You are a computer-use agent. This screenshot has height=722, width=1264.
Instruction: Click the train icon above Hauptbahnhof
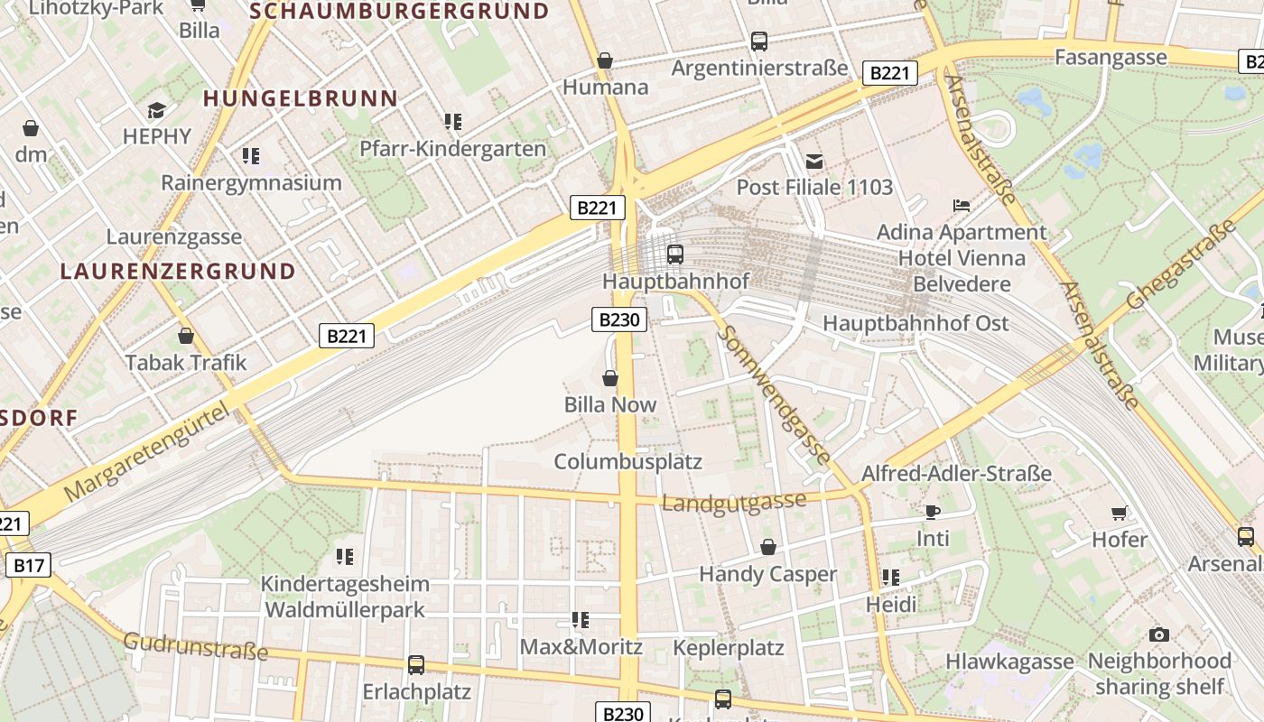[674, 255]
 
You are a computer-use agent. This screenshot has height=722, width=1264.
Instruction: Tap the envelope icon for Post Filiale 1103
[814, 162]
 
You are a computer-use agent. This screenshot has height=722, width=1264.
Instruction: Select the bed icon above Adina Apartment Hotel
[962, 206]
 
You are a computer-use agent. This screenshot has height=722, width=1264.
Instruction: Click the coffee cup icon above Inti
[933, 512]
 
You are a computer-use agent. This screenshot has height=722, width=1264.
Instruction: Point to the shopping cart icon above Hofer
[1120, 513]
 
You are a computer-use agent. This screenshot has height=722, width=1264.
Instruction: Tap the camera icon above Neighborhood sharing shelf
[1159, 634]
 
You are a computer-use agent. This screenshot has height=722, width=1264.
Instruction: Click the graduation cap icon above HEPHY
[157, 110]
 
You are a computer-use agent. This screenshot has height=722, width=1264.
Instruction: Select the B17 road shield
[29, 566]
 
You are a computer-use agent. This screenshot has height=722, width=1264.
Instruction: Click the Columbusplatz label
[627, 461]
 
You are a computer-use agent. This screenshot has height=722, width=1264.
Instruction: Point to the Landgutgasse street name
[733, 502]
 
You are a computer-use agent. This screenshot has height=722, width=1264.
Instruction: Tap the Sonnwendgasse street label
[774, 396]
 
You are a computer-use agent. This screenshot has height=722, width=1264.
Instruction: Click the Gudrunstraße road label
[196, 645]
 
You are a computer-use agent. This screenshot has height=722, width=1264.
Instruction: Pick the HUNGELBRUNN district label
[300, 98]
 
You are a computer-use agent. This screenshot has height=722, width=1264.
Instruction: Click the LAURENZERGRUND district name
[178, 271]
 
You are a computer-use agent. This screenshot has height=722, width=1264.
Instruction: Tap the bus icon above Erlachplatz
[416, 665]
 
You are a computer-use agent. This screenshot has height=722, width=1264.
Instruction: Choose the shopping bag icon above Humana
[605, 60]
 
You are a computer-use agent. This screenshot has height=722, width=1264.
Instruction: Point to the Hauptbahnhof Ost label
[915, 323]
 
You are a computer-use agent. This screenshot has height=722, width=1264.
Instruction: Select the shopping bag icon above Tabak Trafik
[186, 337]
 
